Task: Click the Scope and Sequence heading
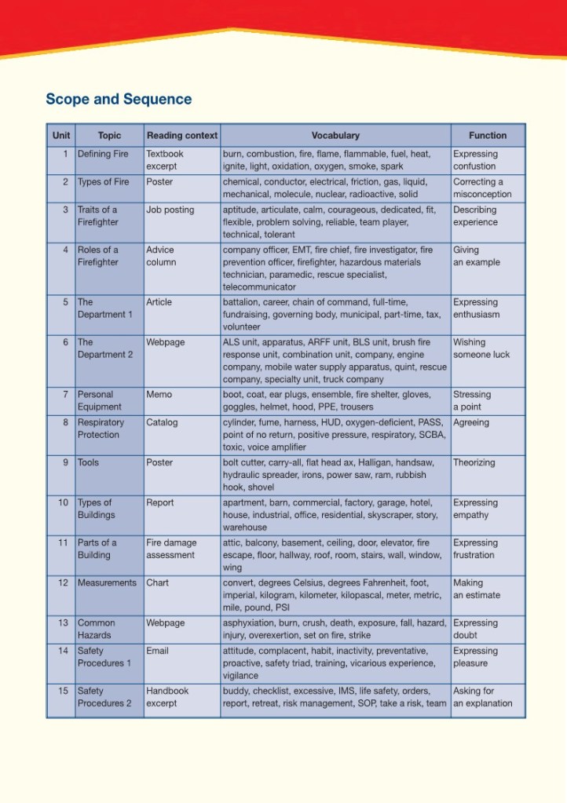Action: [x=119, y=99]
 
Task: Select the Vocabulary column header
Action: [x=335, y=135]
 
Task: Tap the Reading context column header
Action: [x=182, y=135]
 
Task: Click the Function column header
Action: [x=488, y=135]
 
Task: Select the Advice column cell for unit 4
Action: [x=161, y=256]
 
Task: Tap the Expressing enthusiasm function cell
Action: [x=476, y=308]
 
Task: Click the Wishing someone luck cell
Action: [x=481, y=349]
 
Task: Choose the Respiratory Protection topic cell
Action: [x=101, y=429]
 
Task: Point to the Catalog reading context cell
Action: [x=162, y=422]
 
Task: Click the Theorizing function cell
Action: [x=474, y=462]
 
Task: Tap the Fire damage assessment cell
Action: [x=170, y=549]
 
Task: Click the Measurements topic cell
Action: [x=107, y=583]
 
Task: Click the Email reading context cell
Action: [x=157, y=651]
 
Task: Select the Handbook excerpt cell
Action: [x=167, y=697]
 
